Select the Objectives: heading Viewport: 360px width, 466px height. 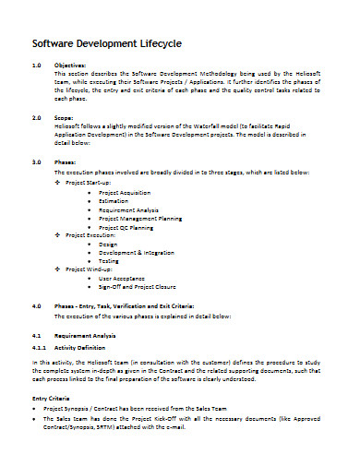coord(70,66)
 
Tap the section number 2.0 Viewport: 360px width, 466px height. coord(38,119)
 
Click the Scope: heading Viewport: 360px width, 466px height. coord(66,119)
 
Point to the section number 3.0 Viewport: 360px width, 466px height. coord(38,161)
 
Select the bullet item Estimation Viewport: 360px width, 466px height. coord(115,201)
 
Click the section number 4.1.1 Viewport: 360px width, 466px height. coord(40,347)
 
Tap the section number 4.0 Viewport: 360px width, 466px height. coord(38,304)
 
